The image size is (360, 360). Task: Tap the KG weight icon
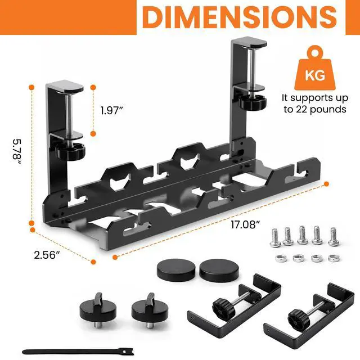click(315, 68)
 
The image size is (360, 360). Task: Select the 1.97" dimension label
click(112, 111)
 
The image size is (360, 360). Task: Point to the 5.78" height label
click(17, 151)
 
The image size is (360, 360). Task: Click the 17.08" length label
click(245, 224)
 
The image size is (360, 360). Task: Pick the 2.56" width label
click(47, 255)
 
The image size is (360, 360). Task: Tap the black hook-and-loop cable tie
click(78, 352)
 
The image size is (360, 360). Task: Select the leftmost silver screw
click(274, 237)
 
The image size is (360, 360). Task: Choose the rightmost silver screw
click(334, 236)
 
